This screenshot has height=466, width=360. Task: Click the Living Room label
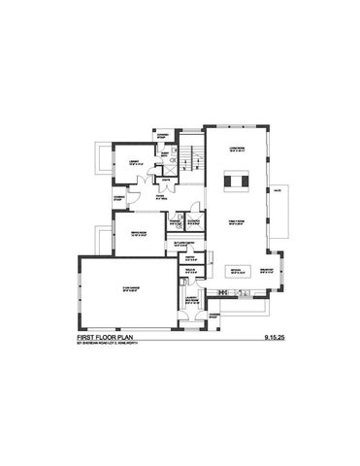click(x=235, y=150)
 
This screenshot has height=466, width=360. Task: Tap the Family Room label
click(x=235, y=221)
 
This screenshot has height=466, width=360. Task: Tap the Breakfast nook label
click(x=266, y=271)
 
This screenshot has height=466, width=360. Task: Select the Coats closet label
click(x=168, y=181)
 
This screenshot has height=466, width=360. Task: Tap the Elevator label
click(x=194, y=222)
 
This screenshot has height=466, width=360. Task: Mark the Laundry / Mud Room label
click(x=192, y=302)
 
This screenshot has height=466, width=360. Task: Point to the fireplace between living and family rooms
click(x=236, y=182)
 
